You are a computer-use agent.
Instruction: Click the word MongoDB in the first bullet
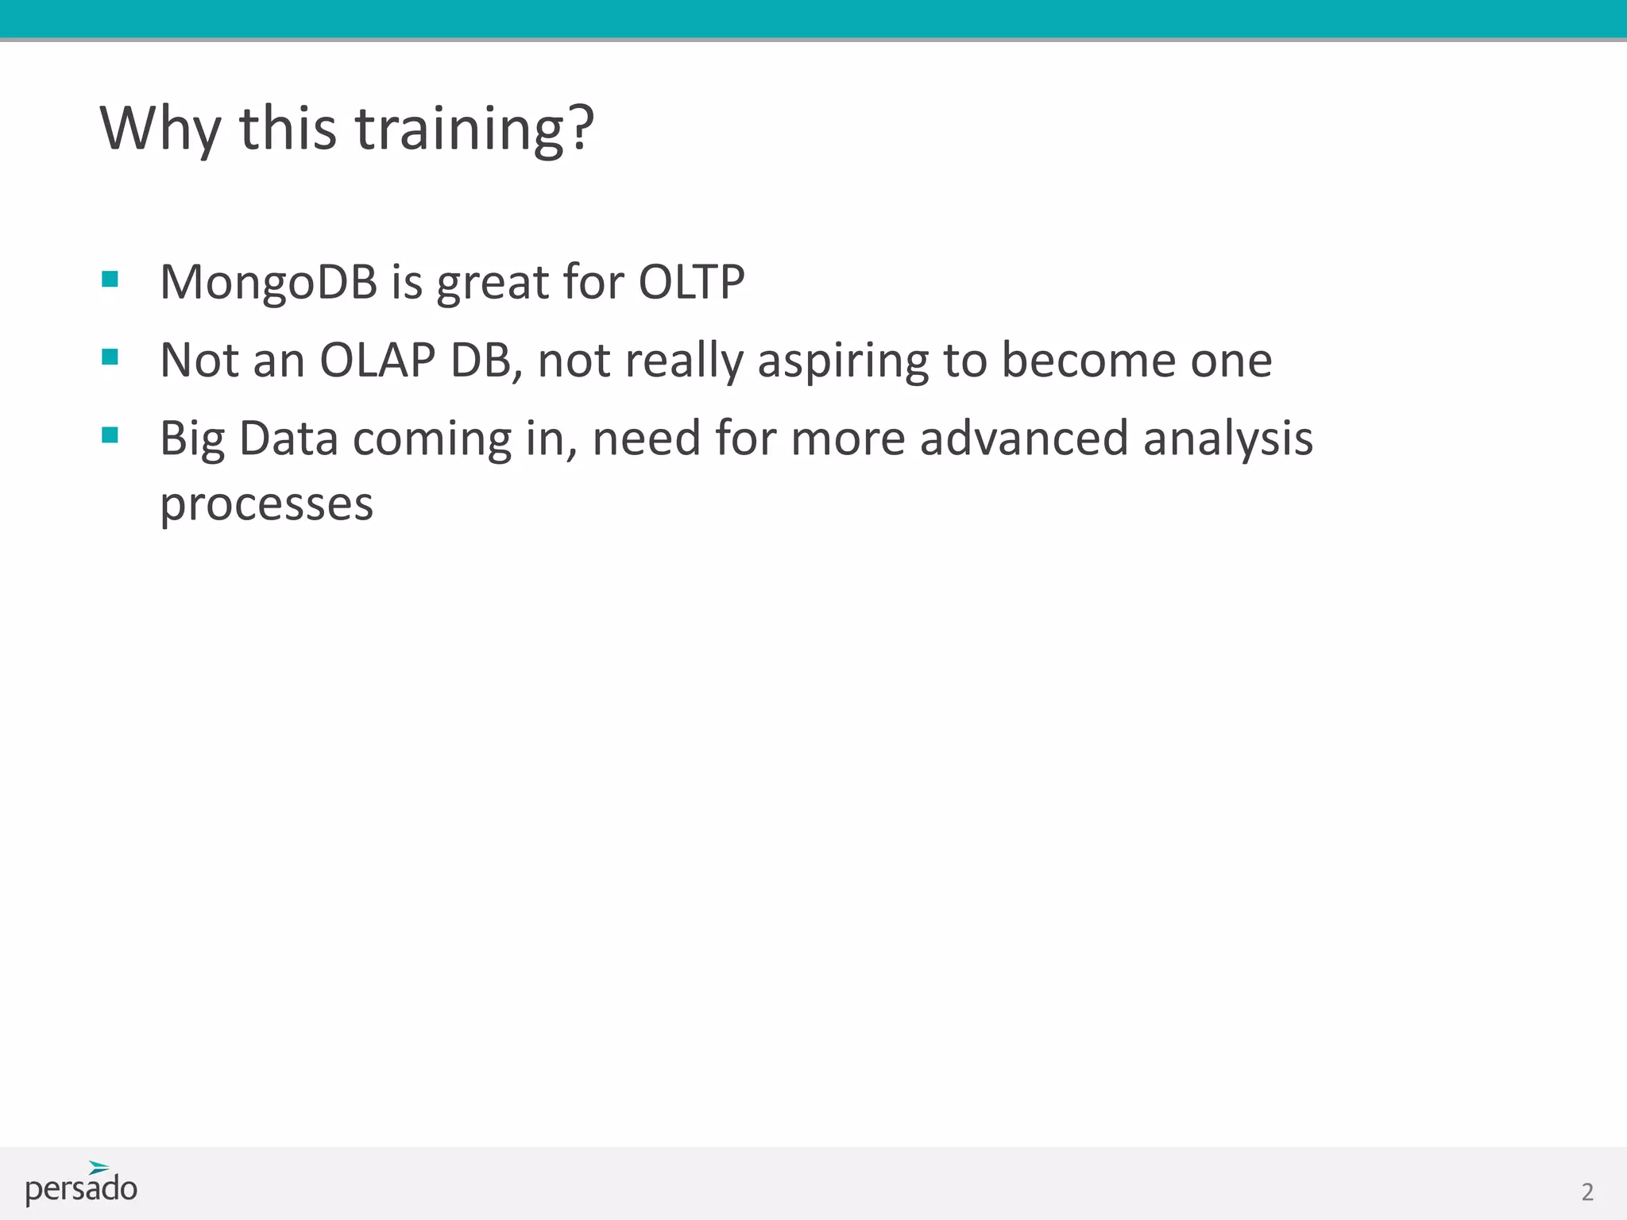(x=268, y=282)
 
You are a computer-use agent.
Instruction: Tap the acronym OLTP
(x=691, y=282)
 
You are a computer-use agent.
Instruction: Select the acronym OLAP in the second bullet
(x=377, y=360)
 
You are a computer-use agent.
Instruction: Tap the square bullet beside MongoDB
(x=110, y=279)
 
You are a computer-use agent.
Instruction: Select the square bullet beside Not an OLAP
(x=110, y=357)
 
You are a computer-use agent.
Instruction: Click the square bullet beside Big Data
(x=110, y=434)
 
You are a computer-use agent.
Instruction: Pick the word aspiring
(x=843, y=361)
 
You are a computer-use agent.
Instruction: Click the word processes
(x=266, y=504)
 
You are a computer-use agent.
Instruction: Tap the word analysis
(x=1227, y=438)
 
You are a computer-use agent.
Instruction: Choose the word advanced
(x=1023, y=438)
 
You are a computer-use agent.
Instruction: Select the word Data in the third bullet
(x=288, y=438)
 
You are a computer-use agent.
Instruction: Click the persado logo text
(x=81, y=1189)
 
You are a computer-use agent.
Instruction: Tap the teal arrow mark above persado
(x=99, y=1167)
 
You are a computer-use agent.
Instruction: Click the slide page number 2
(x=1587, y=1191)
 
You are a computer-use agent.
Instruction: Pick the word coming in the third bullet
(x=432, y=440)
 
